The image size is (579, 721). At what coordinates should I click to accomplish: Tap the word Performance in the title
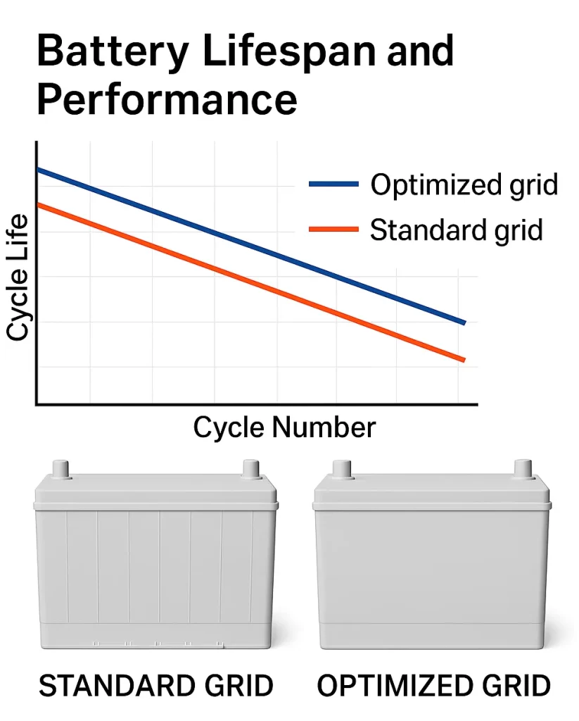tap(167, 99)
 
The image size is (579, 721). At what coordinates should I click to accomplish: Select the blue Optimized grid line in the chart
tap(211, 231)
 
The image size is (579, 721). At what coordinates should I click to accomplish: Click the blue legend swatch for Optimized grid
tap(333, 184)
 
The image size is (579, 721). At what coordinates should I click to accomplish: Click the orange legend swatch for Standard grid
tap(333, 230)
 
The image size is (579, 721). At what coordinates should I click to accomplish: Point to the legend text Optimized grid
tap(464, 184)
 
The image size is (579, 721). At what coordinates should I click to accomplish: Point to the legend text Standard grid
tap(456, 230)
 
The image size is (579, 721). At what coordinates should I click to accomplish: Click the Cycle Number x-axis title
tap(284, 427)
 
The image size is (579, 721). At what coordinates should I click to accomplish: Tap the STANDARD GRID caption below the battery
tap(155, 685)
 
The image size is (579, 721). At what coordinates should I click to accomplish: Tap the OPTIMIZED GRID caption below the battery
tap(433, 685)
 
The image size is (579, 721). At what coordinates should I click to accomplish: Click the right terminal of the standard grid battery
tap(250, 469)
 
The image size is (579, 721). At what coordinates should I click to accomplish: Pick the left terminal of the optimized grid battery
tap(342, 469)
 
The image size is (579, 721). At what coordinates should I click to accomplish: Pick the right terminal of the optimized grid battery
tap(523, 469)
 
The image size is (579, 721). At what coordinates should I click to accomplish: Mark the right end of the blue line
tap(464, 322)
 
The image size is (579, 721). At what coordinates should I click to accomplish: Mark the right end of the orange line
tap(464, 360)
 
